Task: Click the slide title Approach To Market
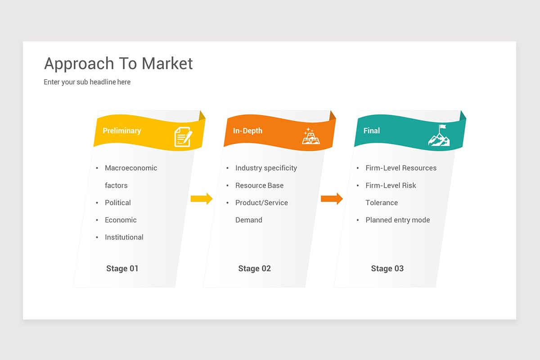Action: click(x=118, y=64)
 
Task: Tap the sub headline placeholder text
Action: click(x=87, y=82)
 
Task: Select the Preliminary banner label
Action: click(x=121, y=130)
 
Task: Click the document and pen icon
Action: click(x=183, y=137)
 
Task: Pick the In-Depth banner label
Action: click(x=247, y=130)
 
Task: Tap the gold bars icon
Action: click(x=310, y=136)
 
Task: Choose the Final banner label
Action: click(x=372, y=130)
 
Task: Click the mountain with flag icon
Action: click(x=439, y=135)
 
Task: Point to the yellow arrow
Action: click(x=201, y=198)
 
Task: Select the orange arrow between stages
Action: click(x=332, y=198)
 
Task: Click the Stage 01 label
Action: click(x=122, y=269)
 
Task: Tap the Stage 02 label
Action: click(x=255, y=269)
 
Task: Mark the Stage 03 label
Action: click(x=387, y=269)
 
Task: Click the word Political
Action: click(x=118, y=202)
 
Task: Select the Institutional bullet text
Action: click(x=124, y=237)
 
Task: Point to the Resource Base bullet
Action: click(x=259, y=185)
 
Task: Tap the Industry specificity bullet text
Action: click(x=266, y=168)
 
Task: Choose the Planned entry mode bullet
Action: click(x=398, y=220)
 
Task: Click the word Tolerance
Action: click(x=382, y=202)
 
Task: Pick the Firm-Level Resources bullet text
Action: click(x=401, y=168)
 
